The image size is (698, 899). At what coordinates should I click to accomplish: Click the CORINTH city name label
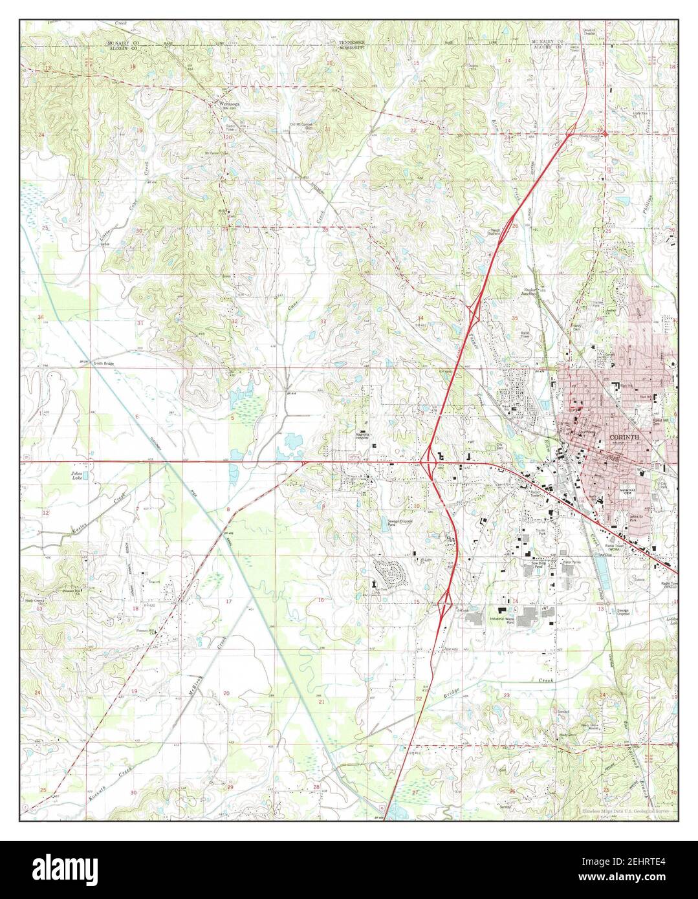tap(624, 438)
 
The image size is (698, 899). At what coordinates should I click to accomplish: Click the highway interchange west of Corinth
tap(428, 461)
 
